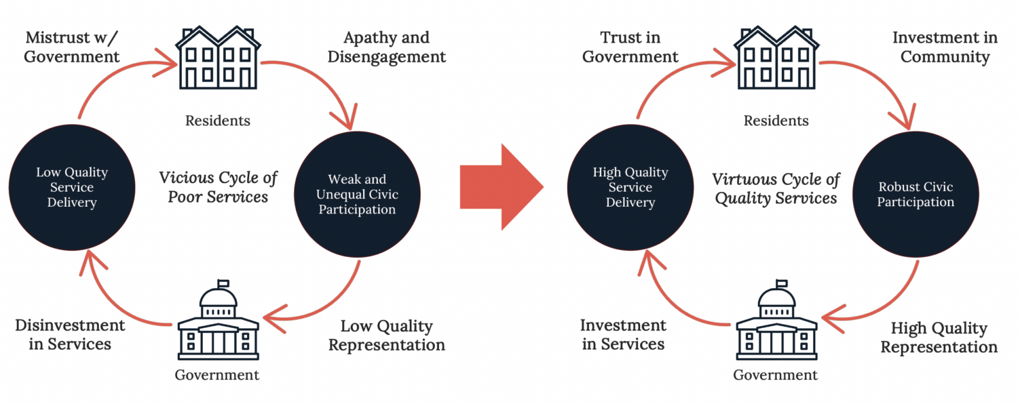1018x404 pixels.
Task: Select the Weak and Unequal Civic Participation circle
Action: [x=357, y=195]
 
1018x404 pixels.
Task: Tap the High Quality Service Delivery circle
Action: [x=630, y=187]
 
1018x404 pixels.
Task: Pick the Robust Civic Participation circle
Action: [x=916, y=195]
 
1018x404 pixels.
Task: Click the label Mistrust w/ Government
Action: [x=72, y=47]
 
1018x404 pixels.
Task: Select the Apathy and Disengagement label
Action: [x=387, y=47]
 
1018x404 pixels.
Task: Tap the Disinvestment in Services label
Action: [x=70, y=334]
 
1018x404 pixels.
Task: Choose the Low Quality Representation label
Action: [x=387, y=336]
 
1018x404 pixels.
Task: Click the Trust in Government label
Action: [x=630, y=47]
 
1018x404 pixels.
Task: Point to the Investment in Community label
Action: [x=945, y=47]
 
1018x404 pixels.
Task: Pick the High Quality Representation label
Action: [x=939, y=338]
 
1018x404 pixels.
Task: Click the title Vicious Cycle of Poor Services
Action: [x=219, y=187]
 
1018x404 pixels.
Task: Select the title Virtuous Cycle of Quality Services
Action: [x=776, y=188]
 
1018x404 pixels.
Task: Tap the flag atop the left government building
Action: [x=223, y=283]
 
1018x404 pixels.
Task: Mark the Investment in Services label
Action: [x=623, y=334]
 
